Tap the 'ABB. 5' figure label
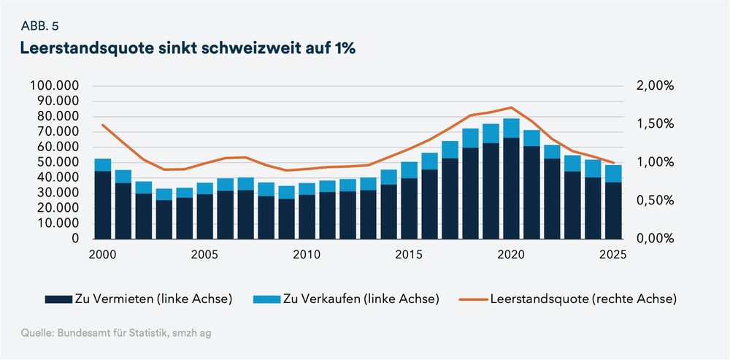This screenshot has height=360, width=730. (x=41, y=26)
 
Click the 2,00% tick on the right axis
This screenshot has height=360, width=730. (x=655, y=85)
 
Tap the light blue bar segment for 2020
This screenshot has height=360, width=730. (x=511, y=128)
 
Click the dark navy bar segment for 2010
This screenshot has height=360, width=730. (x=307, y=217)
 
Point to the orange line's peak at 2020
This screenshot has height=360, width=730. (x=511, y=107)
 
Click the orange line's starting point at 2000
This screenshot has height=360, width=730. (x=103, y=125)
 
